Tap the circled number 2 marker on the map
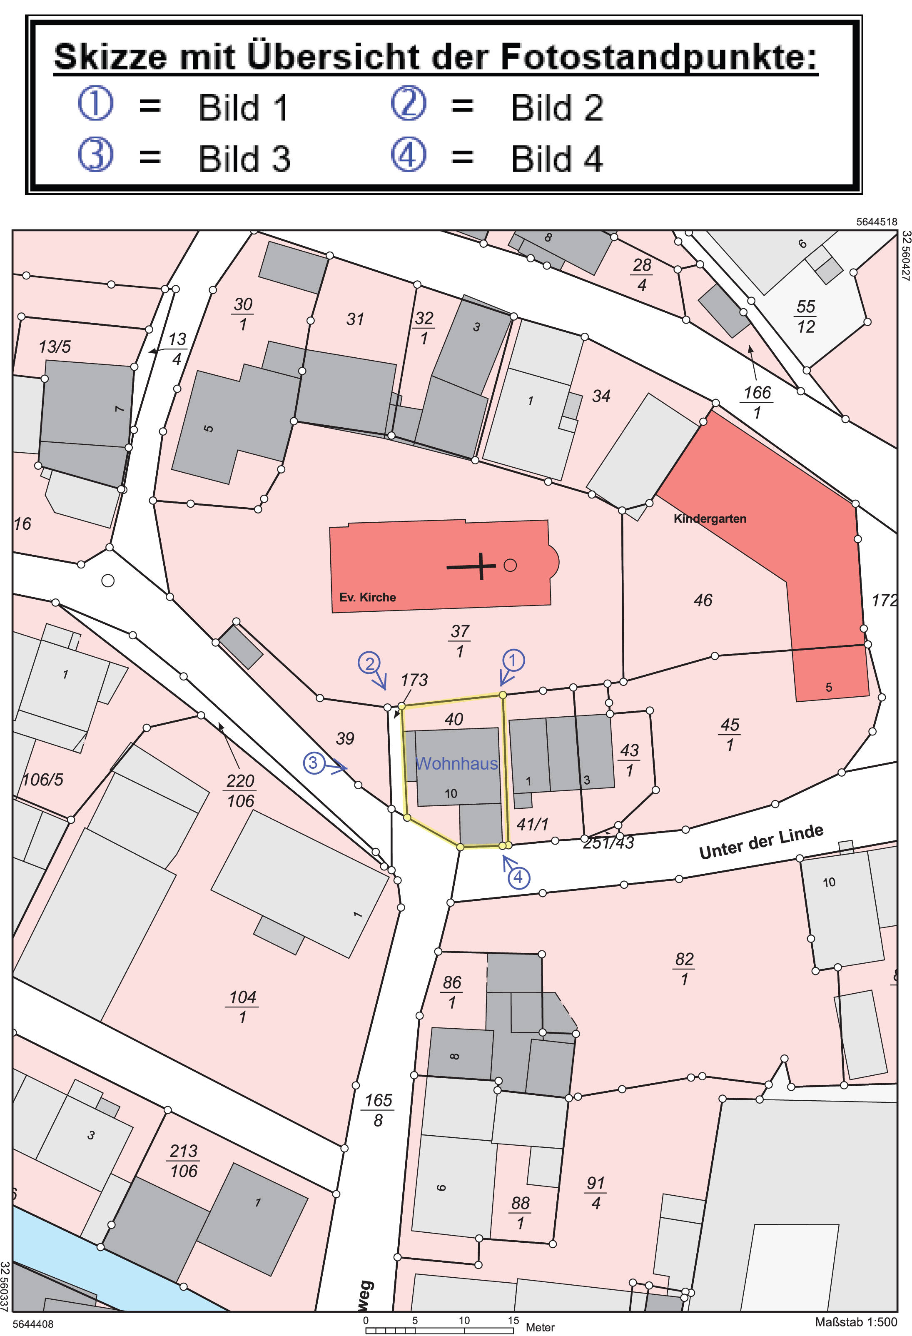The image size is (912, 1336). tap(369, 663)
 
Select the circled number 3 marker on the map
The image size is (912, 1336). tap(313, 763)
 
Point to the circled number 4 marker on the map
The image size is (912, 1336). tap(518, 877)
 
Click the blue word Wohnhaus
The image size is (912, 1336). tap(457, 763)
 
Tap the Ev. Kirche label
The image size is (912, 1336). tap(367, 597)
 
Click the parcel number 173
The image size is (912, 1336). tap(414, 680)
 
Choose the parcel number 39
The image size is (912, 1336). tap(345, 739)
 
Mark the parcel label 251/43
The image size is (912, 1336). tap(608, 843)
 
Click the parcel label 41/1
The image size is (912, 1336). tap(532, 824)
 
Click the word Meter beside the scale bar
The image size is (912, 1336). tap(540, 1327)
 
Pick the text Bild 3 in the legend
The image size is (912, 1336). tap(244, 159)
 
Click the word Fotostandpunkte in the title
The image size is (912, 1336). tap(658, 57)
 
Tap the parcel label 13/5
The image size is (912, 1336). tap(55, 346)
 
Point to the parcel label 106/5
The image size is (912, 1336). tap(43, 780)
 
